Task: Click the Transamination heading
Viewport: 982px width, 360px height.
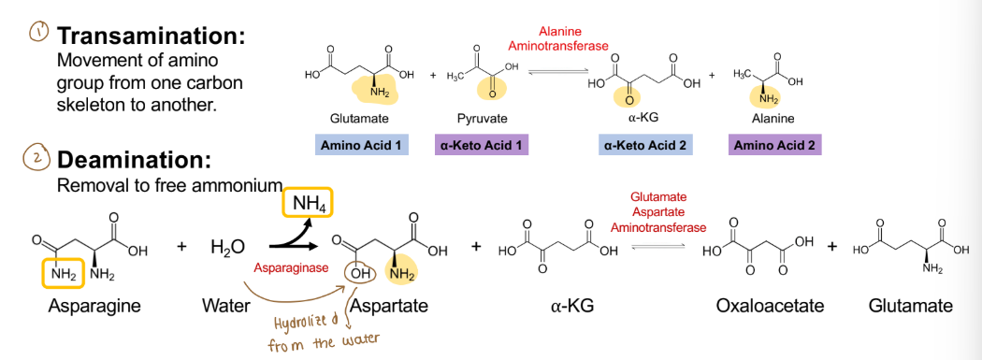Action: (x=152, y=36)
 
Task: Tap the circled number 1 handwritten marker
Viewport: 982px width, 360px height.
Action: (x=38, y=33)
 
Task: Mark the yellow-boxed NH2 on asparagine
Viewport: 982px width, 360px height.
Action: (x=63, y=273)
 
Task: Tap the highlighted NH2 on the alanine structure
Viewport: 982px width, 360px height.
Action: (x=769, y=97)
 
